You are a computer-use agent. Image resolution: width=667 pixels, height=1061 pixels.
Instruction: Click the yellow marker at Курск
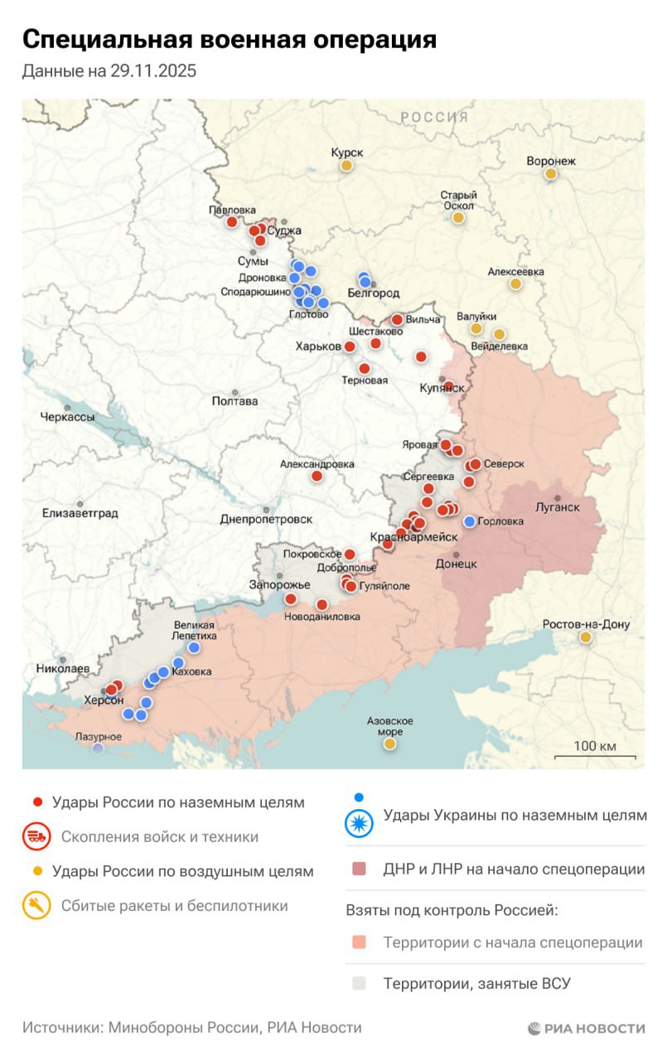tap(346, 166)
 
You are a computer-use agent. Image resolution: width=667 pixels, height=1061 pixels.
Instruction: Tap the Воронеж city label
tap(550, 161)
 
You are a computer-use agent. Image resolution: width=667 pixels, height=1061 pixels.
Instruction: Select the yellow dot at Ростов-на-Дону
tap(586, 637)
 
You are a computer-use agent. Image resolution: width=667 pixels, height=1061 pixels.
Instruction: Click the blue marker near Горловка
tap(470, 521)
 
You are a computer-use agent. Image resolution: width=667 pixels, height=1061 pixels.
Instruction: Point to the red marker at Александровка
tap(317, 477)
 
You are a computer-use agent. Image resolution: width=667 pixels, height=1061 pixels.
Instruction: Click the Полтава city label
tap(234, 401)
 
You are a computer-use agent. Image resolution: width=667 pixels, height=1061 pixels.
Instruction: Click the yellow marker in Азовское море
tap(389, 744)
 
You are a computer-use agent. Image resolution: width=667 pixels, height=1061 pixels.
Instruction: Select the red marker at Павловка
tap(232, 222)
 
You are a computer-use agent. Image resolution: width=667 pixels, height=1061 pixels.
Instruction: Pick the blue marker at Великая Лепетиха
tap(194, 647)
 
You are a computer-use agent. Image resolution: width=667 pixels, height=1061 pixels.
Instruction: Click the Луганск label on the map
tap(558, 507)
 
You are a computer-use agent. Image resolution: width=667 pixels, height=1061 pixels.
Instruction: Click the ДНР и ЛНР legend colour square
tap(359, 870)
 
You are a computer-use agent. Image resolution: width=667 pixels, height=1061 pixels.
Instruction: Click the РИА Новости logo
tap(587, 1028)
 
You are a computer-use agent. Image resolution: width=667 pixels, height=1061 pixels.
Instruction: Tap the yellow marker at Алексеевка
tap(515, 284)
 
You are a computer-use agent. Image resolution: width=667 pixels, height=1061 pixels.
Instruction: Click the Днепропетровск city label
tap(266, 519)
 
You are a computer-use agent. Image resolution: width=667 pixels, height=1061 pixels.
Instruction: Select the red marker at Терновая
tap(364, 369)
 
